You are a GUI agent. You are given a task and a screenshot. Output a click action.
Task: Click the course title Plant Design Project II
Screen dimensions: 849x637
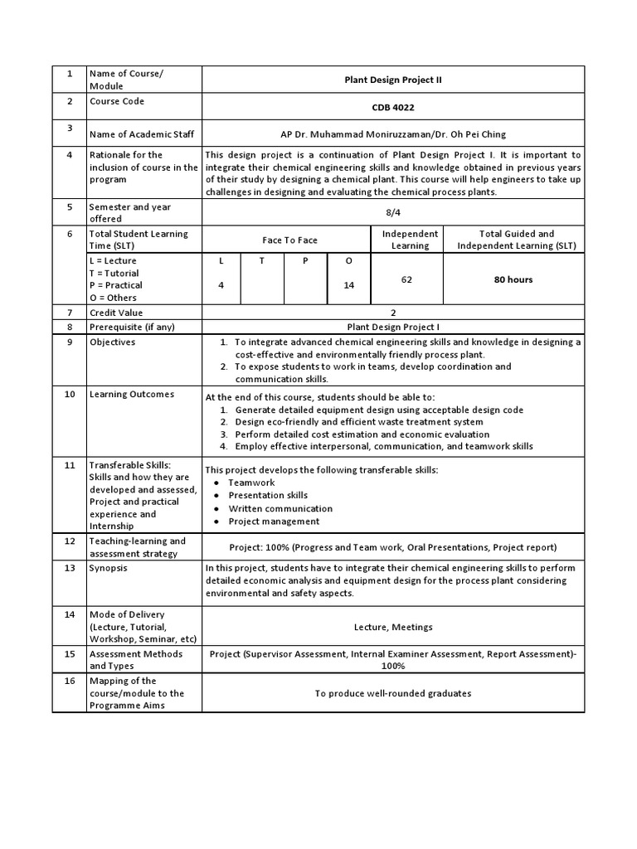(393, 80)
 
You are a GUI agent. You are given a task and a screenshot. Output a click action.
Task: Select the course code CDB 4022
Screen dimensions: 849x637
(393, 108)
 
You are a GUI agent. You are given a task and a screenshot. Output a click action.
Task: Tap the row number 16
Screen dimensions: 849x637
(70, 681)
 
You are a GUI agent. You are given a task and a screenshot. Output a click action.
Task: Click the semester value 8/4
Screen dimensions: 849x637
(393, 212)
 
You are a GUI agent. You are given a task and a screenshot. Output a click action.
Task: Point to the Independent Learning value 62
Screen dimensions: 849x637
(406, 280)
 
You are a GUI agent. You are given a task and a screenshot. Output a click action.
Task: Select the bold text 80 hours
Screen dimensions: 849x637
(513, 280)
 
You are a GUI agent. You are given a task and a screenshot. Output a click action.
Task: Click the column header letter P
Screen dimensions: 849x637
(305, 261)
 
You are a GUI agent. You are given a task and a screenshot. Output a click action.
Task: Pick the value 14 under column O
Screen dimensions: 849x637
(348, 285)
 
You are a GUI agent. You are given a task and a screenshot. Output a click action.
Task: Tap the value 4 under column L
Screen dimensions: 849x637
(221, 285)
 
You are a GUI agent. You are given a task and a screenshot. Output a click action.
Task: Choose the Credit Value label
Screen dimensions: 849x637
(116, 313)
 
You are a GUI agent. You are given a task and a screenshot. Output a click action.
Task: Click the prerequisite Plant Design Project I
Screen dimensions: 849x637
(393, 327)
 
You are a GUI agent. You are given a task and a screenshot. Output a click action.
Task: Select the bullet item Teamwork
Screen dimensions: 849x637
(251, 483)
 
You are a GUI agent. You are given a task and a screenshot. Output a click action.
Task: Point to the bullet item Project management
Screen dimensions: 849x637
(274, 522)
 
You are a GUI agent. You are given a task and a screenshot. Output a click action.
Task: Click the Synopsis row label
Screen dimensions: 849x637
(109, 568)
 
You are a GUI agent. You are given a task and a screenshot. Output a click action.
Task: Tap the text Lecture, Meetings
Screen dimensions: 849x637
(393, 628)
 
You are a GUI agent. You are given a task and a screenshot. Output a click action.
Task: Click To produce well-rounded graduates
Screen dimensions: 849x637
(393, 693)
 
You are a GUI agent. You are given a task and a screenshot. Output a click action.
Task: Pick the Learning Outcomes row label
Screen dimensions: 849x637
(131, 394)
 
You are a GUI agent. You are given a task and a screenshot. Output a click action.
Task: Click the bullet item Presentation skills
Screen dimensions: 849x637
(268, 496)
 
